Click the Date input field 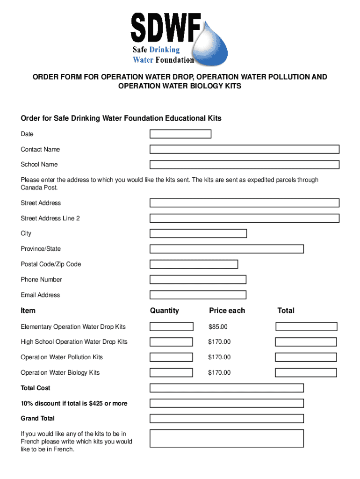click(x=180, y=134)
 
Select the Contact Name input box click(x=244, y=149)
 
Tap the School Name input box click(x=244, y=165)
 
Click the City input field click(x=198, y=233)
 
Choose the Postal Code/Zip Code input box click(x=194, y=264)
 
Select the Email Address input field click(x=198, y=295)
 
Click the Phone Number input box click(x=198, y=280)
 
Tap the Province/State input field click(x=226, y=249)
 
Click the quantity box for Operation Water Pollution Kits click(x=171, y=357)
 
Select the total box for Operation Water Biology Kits click(x=306, y=373)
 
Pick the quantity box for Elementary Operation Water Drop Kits click(x=171, y=327)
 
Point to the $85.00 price click(x=218, y=327)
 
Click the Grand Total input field click(x=226, y=419)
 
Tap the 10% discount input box click(x=226, y=403)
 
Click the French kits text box click(x=226, y=438)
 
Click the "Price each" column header click(x=227, y=311)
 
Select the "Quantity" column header click(x=165, y=311)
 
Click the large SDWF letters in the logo click(x=166, y=28)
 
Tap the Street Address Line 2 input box click(x=244, y=218)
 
